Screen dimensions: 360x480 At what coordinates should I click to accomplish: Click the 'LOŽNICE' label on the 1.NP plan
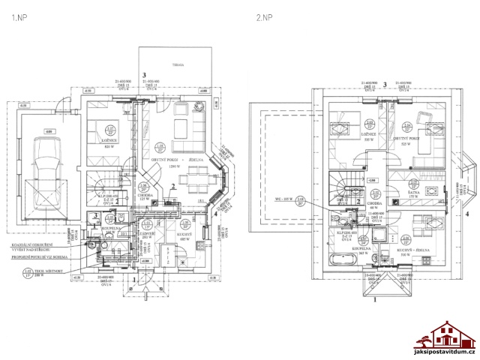click(109, 147)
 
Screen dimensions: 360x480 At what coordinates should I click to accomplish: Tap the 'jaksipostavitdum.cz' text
click(445, 352)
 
